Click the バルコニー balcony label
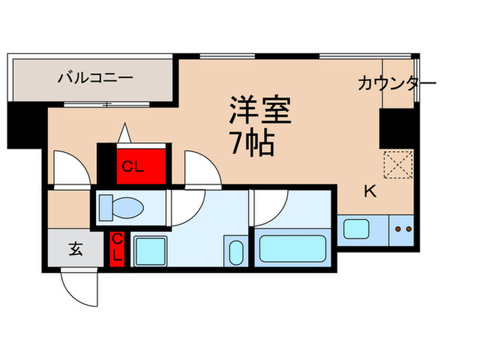coord(94,77)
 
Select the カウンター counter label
coord(396,84)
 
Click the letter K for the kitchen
coord(370,193)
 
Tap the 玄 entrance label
coord(75,250)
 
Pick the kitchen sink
coord(356,228)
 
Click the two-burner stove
coord(401,229)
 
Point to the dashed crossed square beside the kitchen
coord(396,163)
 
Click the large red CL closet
coord(142,165)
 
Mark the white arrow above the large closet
coord(125,132)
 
